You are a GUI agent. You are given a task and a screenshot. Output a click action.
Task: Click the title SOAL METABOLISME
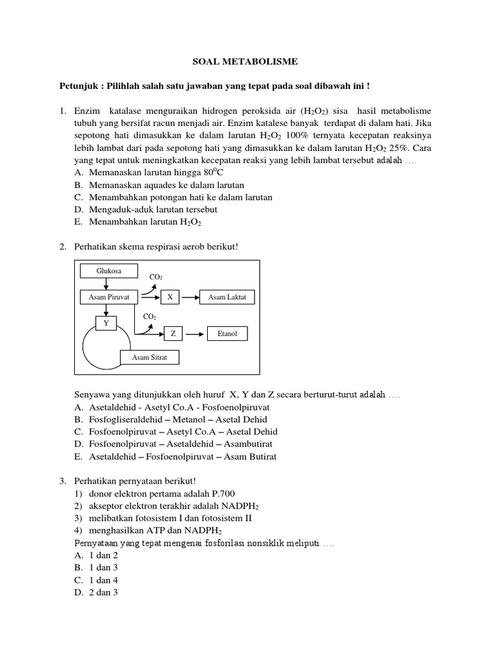point(245,62)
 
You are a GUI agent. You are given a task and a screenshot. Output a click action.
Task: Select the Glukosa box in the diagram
point(109,271)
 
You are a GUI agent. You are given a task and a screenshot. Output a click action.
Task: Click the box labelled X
point(169,297)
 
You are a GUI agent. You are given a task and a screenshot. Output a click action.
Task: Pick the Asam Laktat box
point(227,297)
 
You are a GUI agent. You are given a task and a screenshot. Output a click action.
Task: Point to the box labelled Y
point(106,324)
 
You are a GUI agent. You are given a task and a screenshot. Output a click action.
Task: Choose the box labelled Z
point(173,334)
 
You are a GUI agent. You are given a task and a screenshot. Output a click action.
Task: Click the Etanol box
point(227,334)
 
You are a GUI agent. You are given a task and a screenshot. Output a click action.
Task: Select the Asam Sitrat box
point(150,358)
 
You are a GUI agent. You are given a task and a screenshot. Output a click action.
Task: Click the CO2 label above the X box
point(156,277)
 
